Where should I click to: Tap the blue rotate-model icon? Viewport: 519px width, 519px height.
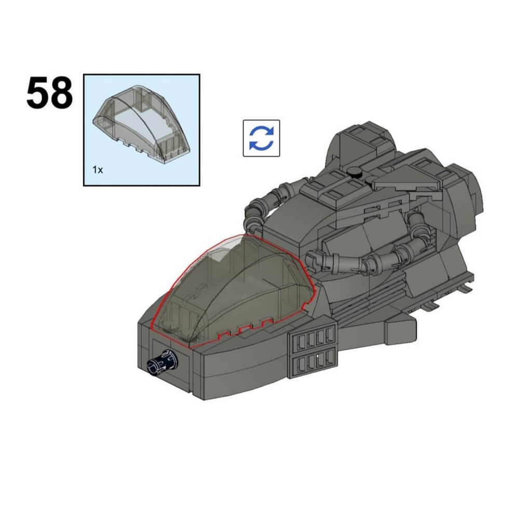point(261,138)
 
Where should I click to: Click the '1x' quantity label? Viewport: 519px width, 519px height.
point(97,170)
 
